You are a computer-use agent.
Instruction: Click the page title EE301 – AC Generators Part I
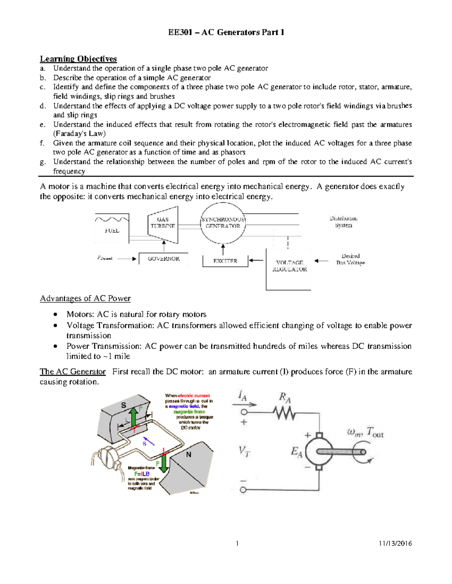226,32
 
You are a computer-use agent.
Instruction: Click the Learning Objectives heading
78,59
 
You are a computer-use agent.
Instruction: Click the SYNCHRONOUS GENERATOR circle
223,223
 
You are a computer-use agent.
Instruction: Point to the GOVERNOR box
163,259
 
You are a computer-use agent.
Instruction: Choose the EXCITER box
225,261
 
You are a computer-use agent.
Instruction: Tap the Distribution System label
343,222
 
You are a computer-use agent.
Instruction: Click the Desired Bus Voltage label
350,259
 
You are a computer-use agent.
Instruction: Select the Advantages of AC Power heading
85,299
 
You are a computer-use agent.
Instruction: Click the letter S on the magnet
123,405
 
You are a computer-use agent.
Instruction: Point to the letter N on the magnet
189,455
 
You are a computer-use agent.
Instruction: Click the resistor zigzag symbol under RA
285,413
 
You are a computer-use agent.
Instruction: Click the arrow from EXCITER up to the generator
223,249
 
